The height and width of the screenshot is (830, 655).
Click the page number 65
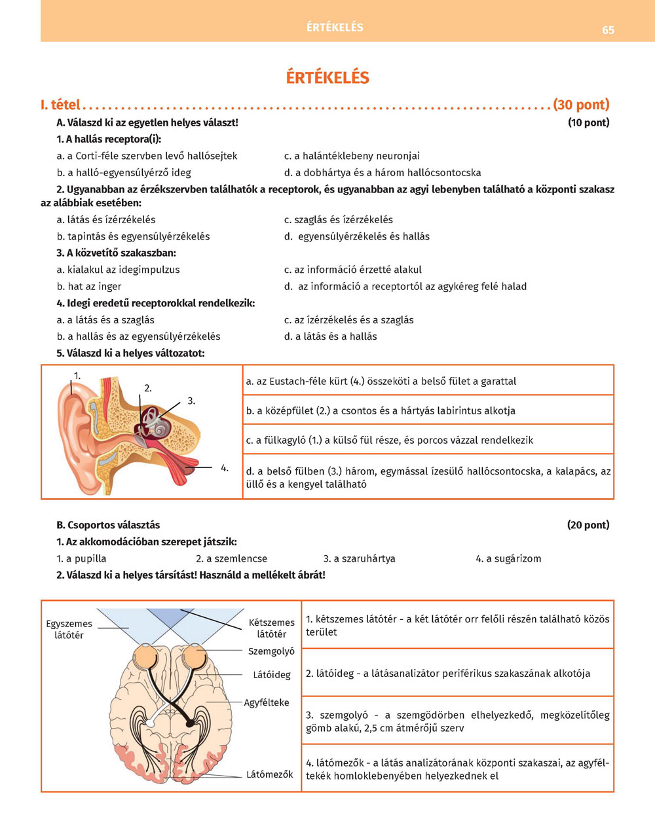click(608, 30)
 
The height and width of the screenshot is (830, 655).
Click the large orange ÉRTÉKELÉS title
click(327, 77)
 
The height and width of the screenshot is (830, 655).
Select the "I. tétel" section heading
click(60, 105)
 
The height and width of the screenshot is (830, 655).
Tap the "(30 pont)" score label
click(581, 105)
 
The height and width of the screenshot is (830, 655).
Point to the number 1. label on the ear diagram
click(77, 376)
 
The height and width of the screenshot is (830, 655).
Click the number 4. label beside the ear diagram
click(224, 468)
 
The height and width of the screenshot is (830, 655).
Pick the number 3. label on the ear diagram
click(191, 401)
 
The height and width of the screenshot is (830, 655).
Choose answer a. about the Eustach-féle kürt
click(381, 381)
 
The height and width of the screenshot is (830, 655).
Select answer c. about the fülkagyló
click(390, 440)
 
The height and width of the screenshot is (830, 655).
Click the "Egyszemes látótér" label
click(69, 629)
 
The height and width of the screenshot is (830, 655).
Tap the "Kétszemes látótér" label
click(271, 628)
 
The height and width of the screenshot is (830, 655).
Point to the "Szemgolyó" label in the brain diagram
click(271, 651)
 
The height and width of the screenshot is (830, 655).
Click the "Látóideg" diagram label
click(271, 675)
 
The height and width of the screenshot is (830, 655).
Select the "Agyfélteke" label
click(266, 702)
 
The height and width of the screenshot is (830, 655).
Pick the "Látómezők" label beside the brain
click(269, 774)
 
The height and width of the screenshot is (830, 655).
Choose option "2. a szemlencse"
click(231, 558)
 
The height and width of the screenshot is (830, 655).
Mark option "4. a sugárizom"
click(508, 558)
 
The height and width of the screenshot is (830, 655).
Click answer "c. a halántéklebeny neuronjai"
click(352, 156)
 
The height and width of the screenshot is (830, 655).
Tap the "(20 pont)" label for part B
click(588, 525)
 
